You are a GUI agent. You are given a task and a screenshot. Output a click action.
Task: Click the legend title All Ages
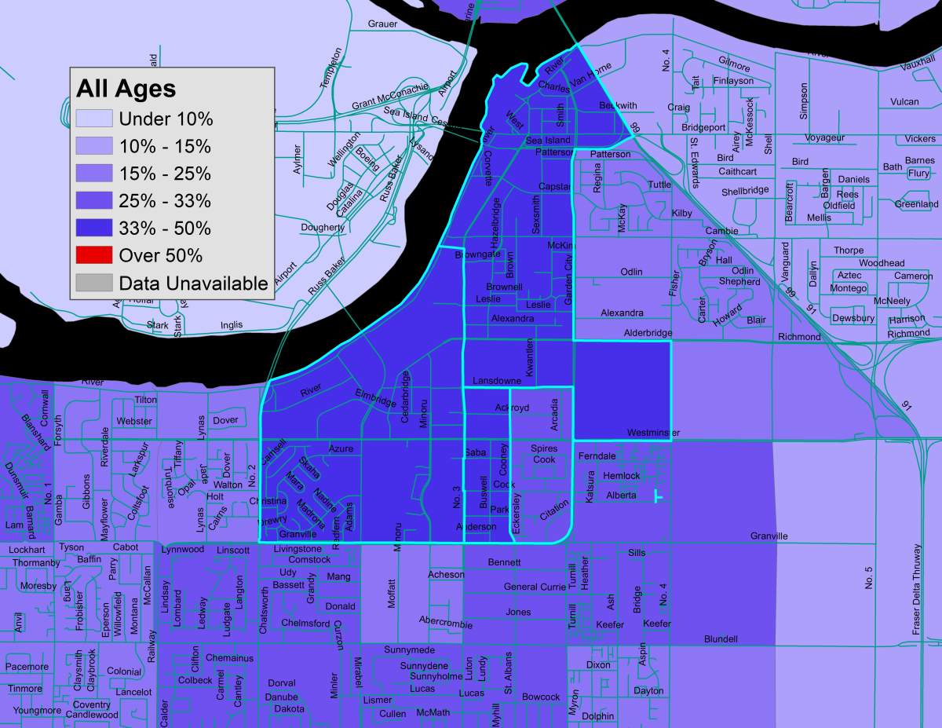pyautogui.click(x=126, y=88)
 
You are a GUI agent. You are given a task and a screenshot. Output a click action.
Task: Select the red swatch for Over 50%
pyautogui.click(x=95, y=255)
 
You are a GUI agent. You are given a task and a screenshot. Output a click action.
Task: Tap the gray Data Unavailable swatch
pyautogui.click(x=95, y=283)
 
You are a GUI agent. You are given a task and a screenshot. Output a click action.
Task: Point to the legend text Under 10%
pyautogui.click(x=166, y=119)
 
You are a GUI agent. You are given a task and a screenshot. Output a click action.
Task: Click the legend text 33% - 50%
pyautogui.click(x=165, y=229)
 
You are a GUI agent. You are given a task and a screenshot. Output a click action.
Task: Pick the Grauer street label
pyautogui.click(x=382, y=24)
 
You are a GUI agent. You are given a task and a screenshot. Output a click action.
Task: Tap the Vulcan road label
pyautogui.click(x=904, y=102)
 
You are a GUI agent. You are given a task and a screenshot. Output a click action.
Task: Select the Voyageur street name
pyautogui.click(x=824, y=138)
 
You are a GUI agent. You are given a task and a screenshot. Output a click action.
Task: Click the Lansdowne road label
pyautogui.click(x=496, y=381)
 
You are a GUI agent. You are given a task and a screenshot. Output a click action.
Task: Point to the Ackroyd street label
pyautogui.click(x=512, y=408)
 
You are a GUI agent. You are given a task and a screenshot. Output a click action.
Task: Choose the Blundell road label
pyautogui.click(x=721, y=639)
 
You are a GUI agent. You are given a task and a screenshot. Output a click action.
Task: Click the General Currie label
pyautogui.click(x=535, y=587)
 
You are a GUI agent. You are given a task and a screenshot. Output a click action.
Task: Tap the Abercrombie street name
pyautogui.click(x=445, y=621)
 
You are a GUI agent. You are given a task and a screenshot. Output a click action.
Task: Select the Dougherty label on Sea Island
pyautogui.click(x=323, y=228)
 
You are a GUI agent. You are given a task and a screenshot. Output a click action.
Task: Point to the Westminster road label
pyautogui.click(x=653, y=433)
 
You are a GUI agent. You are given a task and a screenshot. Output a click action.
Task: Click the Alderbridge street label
pyautogui.click(x=648, y=333)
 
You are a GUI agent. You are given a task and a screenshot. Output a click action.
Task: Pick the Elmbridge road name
pyautogui.click(x=375, y=397)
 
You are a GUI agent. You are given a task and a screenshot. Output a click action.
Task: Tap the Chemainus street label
pyautogui.click(x=229, y=657)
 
